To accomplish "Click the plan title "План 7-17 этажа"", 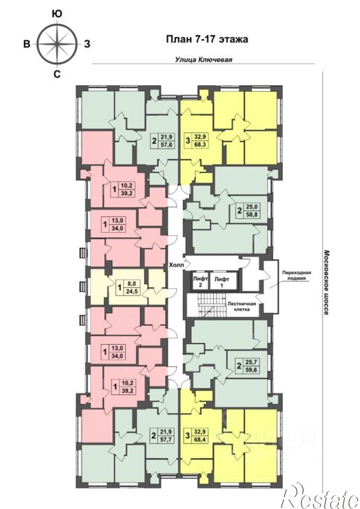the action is [x=207, y=39].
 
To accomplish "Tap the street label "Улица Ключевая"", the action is [x=204, y=60].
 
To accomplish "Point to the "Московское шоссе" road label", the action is [x=327, y=282].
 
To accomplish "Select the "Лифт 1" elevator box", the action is [x=224, y=281].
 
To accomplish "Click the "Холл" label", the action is [x=176, y=265].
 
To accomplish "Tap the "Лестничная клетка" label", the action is [x=242, y=307].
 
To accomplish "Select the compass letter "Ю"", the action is [x=58, y=13].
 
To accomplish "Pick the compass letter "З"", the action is [x=87, y=44].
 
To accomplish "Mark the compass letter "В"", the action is [x=27, y=44].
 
